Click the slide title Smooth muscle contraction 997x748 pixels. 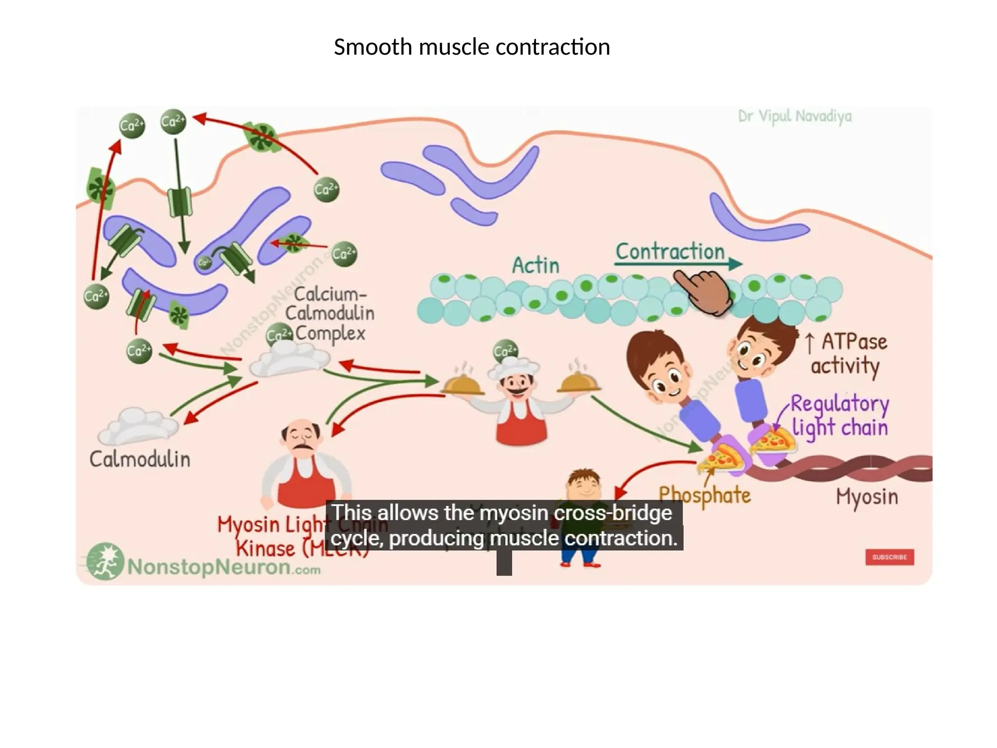tap(471, 48)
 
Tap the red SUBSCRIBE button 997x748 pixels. tap(889, 557)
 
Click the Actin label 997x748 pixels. tap(535, 266)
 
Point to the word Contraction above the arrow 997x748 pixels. tap(670, 252)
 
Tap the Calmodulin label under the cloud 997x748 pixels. tap(140, 459)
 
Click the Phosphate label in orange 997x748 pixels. tap(704, 495)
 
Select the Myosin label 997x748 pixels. tap(867, 497)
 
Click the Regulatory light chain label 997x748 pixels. tap(839, 416)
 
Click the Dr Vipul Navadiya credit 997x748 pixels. tap(794, 117)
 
